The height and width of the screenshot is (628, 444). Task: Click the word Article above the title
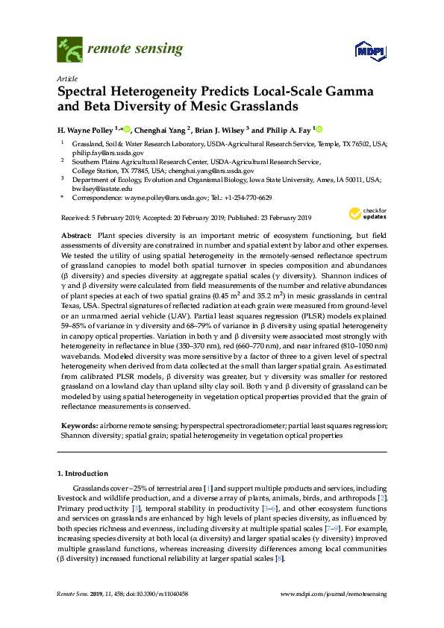click(x=67, y=78)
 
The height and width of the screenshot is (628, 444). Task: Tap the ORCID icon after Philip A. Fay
click(x=320, y=128)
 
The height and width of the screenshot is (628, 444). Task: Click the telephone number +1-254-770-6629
click(x=248, y=198)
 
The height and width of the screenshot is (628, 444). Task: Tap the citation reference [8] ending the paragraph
click(x=279, y=558)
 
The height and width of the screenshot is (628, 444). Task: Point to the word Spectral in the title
click(x=87, y=92)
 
